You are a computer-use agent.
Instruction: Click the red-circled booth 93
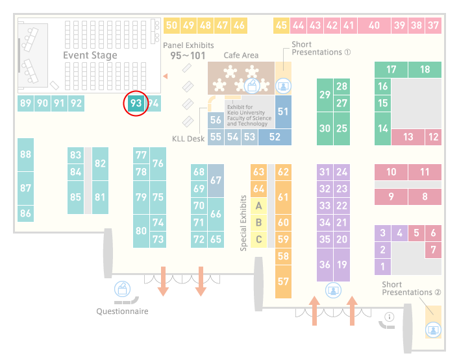[x=136, y=103]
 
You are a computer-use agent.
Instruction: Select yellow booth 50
[x=171, y=25]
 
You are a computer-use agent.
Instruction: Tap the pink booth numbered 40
[x=374, y=25]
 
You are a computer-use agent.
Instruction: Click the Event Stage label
[x=90, y=55]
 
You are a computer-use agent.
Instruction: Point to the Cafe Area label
[x=241, y=55]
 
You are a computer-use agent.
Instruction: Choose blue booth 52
[x=275, y=137]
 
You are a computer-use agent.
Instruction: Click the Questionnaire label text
[x=122, y=311]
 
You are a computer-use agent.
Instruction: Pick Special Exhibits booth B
[x=259, y=222]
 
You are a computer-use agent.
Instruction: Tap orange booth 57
[x=283, y=282]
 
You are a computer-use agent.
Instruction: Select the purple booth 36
[x=325, y=265]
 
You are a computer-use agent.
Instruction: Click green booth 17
[x=391, y=69]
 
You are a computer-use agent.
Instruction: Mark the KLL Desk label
[x=188, y=139]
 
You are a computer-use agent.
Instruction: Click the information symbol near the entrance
[x=390, y=317]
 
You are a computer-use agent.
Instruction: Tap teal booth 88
[x=26, y=154]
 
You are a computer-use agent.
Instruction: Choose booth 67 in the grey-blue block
[x=216, y=180]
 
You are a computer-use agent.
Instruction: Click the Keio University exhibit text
[x=249, y=115]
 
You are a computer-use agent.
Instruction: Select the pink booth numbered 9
[x=391, y=197]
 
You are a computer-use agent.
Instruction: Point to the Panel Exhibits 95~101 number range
[x=188, y=56]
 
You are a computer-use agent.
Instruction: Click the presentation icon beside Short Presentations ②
[x=433, y=330]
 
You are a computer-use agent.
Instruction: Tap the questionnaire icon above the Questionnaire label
[x=122, y=289]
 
